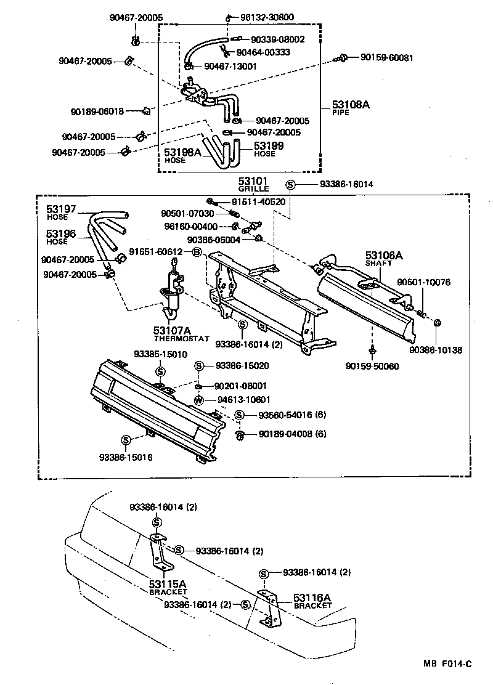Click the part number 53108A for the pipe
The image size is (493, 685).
click(351, 105)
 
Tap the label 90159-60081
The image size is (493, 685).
click(386, 57)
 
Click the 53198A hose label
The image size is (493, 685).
click(182, 152)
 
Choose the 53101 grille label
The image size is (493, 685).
click(254, 181)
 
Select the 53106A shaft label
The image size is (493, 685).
click(383, 255)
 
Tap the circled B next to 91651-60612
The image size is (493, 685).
click(197, 252)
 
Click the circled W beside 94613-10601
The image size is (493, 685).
click(199, 400)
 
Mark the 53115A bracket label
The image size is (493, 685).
click(167, 583)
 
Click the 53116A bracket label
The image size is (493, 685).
click(312, 598)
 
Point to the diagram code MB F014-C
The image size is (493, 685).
click(447, 663)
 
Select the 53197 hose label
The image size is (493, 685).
click(61, 209)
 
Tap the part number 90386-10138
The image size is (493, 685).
click(435, 350)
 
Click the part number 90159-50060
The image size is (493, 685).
click(372, 365)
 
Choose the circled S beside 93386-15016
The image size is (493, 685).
click(126, 440)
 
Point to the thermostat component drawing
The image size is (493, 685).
click(172, 290)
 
